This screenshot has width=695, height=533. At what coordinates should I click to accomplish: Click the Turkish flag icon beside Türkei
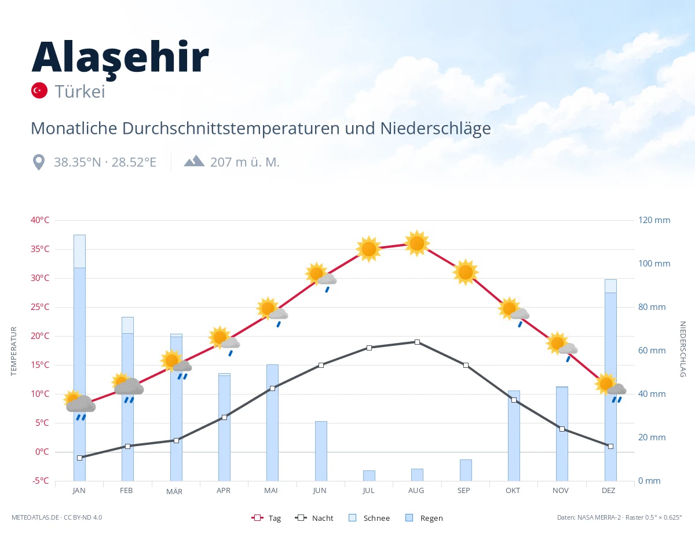(x=39, y=90)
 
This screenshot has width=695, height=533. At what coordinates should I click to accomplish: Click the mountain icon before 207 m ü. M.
(x=194, y=161)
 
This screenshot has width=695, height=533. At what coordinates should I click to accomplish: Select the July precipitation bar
(x=369, y=476)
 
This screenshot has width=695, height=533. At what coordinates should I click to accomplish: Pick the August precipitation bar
(x=417, y=474)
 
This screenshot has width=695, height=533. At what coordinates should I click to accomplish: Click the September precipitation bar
(x=466, y=470)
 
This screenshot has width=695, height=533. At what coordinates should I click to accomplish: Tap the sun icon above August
(x=417, y=243)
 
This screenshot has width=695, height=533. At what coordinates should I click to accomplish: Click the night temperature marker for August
(x=417, y=342)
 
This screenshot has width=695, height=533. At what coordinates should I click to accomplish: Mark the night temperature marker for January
(x=80, y=458)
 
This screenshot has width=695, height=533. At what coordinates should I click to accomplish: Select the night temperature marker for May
(x=273, y=388)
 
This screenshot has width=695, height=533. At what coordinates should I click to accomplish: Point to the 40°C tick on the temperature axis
(x=40, y=220)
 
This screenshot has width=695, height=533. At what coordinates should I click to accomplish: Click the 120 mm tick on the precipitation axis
(x=654, y=220)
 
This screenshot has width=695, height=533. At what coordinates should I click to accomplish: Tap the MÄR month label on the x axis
(x=174, y=491)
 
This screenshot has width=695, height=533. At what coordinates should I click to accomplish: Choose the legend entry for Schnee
(x=370, y=518)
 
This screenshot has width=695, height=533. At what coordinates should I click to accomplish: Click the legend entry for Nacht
(x=314, y=518)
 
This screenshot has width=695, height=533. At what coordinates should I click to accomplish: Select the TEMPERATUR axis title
(x=13, y=351)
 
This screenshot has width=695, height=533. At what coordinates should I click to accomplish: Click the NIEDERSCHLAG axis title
(x=682, y=349)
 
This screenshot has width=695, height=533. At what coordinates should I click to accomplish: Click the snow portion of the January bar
(x=80, y=251)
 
